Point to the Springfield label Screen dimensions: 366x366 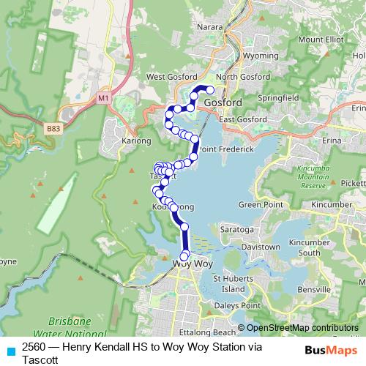281,96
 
